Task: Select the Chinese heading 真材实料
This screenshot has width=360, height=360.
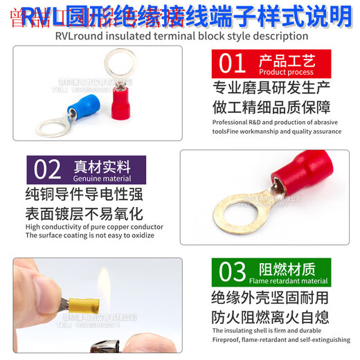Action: (x=102, y=166)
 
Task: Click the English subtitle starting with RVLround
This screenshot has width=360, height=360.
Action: (x=180, y=35)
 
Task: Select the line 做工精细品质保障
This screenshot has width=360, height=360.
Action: (x=270, y=107)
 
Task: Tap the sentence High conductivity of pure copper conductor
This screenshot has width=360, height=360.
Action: (x=94, y=226)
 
